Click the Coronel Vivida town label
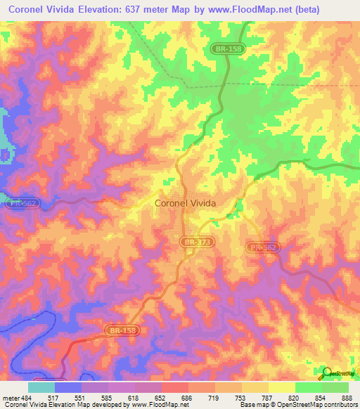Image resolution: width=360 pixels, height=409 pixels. pos(184,203)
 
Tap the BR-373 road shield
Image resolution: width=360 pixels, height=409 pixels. pos(194,242)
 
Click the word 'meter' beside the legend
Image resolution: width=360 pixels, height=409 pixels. pos(8,398)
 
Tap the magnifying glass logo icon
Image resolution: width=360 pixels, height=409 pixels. pos(326,372)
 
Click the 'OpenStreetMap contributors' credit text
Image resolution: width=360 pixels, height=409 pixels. pos(316,405)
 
